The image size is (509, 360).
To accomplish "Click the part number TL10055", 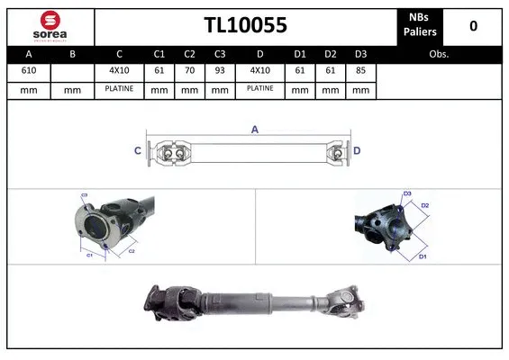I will tap(245, 26).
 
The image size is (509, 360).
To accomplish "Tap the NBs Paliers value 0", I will tap(473, 26).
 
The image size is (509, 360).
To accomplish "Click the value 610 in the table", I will tap(29, 70).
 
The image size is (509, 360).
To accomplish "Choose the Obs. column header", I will tap(439, 54).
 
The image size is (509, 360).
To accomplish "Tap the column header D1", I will tap(301, 54).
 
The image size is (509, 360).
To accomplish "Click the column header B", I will tap(73, 54).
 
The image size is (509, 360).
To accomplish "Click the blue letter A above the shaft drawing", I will tap(255, 130).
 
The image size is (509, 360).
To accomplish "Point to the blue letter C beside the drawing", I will tap(138, 151).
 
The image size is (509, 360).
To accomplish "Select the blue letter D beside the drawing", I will tap(357, 151).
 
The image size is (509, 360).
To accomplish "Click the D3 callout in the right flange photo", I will tap(406, 194).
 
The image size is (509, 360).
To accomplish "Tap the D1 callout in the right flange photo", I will tap(422, 256).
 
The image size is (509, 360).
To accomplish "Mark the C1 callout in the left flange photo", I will tap(90, 256).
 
